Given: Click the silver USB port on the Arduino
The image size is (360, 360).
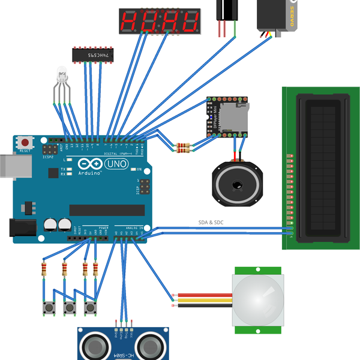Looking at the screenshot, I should coord(13,167).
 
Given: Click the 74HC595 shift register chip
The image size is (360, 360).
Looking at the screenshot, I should coord(92,55).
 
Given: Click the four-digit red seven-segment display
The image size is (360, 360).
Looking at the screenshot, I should coord(159,22).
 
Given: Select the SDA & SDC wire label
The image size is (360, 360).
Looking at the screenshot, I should coord(211,223).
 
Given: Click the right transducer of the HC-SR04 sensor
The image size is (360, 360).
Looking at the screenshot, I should coord(150,346).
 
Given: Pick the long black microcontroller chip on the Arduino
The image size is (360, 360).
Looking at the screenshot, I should coord(107,209).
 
